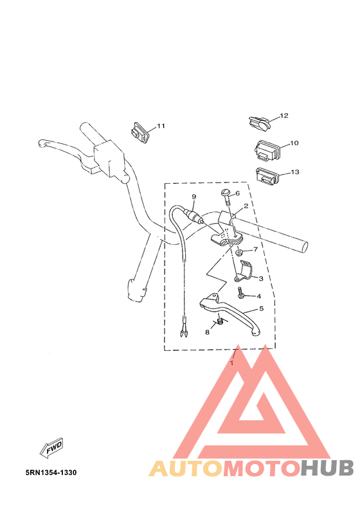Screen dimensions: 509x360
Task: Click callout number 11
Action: (x=161, y=125)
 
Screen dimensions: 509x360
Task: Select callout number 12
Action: (x=283, y=116)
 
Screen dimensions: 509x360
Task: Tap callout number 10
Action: (x=294, y=143)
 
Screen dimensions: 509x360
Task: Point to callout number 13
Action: (x=295, y=172)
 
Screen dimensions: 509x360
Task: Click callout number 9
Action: (x=192, y=197)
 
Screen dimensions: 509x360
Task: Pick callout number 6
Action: (x=237, y=193)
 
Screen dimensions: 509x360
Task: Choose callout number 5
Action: (x=262, y=308)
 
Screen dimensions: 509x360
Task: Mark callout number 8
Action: (x=207, y=332)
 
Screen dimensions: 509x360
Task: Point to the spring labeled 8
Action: (x=219, y=322)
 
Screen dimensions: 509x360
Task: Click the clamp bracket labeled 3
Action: (x=244, y=272)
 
